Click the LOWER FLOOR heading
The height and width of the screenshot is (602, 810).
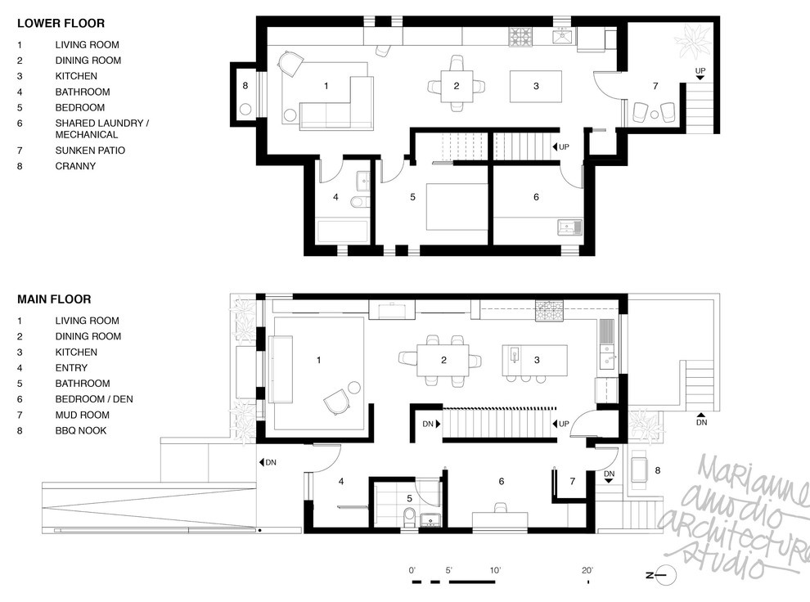click(61, 24)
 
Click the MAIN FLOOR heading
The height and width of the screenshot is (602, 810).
click(54, 299)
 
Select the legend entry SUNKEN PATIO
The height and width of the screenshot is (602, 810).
click(90, 150)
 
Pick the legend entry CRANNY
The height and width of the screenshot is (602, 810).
click(75, 166)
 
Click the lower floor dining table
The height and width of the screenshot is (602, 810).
click(457, 85)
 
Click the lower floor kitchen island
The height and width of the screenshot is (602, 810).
click(536, 86)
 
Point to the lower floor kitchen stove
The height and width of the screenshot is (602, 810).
click(520, 37)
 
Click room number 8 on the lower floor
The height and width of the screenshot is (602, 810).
click(244, 85)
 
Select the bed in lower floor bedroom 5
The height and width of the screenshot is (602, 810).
click(455, 208)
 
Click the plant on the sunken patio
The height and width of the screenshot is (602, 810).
click(694, 38)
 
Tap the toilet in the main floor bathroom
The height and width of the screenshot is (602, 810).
click(409, 516)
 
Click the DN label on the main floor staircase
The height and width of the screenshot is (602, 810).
click(428, 424)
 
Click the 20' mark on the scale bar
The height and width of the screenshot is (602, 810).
click(587, 570)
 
